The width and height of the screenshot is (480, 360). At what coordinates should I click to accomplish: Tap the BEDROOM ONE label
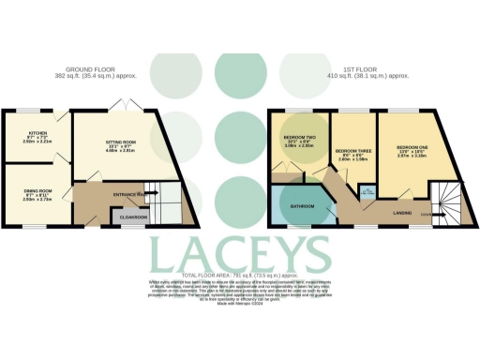(412, 147)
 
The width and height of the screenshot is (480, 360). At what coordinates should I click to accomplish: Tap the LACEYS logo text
(241, 254)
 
